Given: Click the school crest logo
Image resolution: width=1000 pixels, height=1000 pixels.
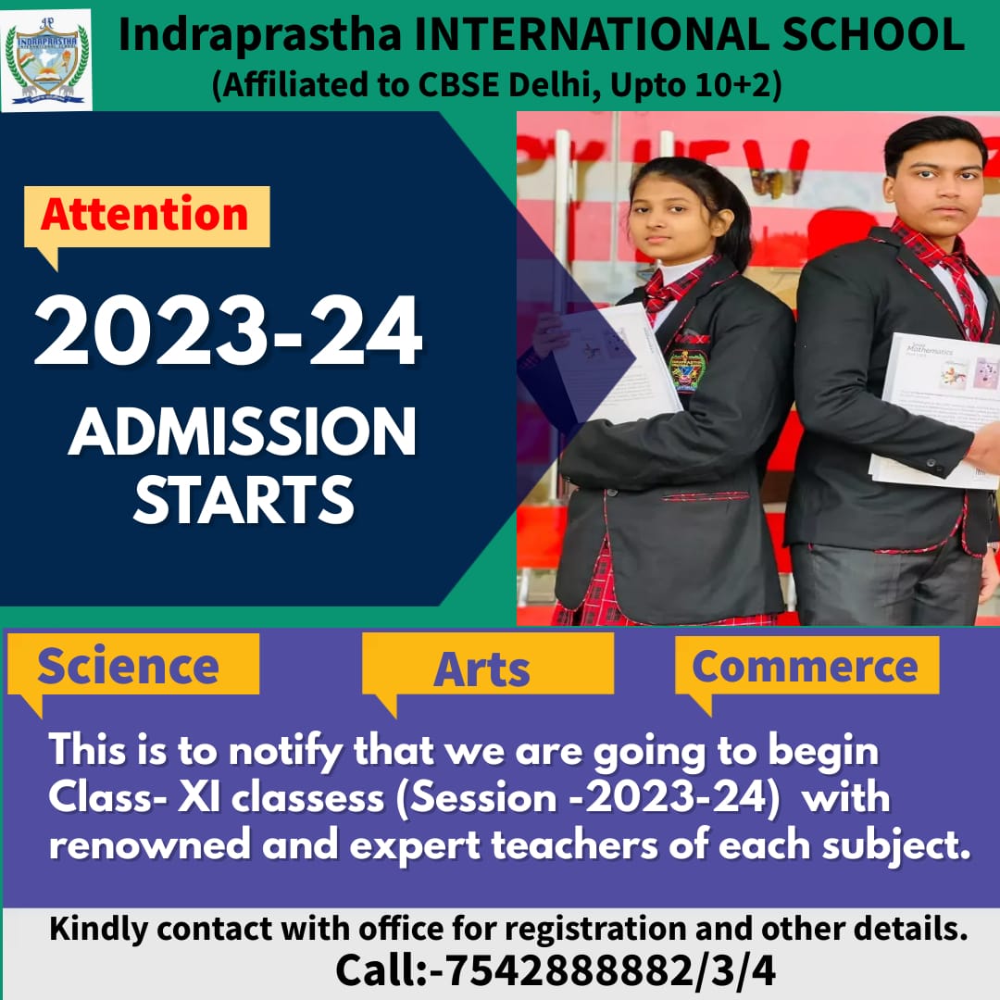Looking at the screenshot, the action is coord(46,60).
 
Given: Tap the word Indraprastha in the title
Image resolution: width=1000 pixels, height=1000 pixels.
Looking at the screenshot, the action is coord(259,36).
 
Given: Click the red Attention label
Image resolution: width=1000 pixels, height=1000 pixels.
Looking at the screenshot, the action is coord(144,214).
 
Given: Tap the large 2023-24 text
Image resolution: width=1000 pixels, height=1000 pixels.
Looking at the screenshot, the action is coord(229,331).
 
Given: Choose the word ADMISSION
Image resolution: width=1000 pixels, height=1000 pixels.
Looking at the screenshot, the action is coord(243,431).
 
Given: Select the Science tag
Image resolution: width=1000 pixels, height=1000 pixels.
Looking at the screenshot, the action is coord(128,666).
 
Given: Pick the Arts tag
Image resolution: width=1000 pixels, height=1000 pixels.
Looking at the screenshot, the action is coord(482,669).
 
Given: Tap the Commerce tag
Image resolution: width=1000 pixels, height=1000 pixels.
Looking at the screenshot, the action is coord(805,667).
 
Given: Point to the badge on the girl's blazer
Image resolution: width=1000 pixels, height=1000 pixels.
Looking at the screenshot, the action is coord(685,370).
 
